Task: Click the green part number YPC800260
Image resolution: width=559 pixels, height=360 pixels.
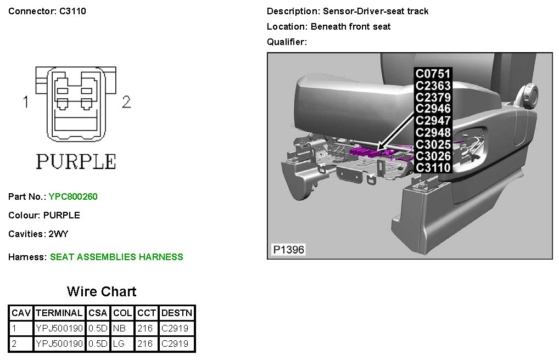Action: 73,196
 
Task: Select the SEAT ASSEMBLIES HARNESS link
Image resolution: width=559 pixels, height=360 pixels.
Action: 116,257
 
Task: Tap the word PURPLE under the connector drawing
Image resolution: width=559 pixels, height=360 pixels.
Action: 76,161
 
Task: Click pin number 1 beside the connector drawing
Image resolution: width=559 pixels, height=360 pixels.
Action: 25,102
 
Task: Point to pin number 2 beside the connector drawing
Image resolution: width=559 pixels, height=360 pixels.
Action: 126,102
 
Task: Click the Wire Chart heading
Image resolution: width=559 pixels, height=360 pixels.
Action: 102,291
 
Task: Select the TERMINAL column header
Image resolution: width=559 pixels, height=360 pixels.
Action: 59,313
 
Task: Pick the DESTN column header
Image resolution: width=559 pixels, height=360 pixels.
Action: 177,313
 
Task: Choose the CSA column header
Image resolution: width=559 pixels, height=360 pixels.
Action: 98,313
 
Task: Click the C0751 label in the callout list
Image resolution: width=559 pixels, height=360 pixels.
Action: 433,74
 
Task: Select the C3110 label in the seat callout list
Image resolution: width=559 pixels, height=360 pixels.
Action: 433,167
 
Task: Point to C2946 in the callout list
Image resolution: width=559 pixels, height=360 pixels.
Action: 433,109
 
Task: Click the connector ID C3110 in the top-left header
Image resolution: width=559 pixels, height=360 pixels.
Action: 72,11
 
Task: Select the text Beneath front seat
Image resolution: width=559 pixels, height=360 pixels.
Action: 350,26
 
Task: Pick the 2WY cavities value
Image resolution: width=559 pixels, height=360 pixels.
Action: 58,234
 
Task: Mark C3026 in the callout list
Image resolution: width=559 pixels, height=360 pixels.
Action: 433,156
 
